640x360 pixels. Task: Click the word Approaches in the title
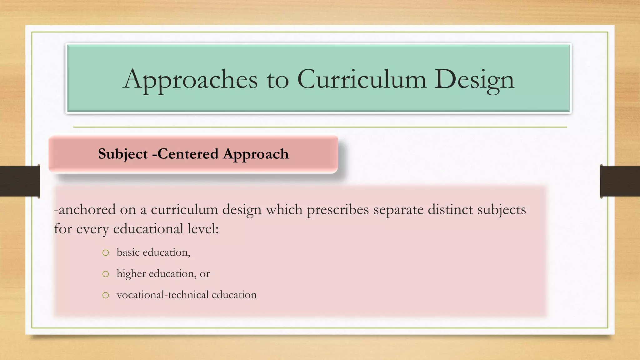click(190, 80)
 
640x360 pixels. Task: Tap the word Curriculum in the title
click(362, 79)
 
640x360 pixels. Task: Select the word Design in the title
click(474, 80)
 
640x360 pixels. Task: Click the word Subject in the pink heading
click(122, 154)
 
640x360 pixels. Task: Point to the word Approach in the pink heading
click(256, 154)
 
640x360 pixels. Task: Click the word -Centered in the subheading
click(185, 154)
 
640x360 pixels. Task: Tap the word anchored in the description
click(86, 209)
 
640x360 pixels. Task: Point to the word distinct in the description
click(450, 209)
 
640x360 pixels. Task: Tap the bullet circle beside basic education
click(106, 252)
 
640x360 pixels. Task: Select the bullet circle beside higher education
click(106, 274)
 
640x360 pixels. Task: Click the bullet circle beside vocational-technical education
click(106, 295)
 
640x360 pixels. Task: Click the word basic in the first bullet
click(128, 252)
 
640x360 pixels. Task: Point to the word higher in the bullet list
click(131, 274)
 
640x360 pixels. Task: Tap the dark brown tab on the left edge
click(20, 181)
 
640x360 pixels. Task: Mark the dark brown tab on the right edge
click(620, 181)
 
